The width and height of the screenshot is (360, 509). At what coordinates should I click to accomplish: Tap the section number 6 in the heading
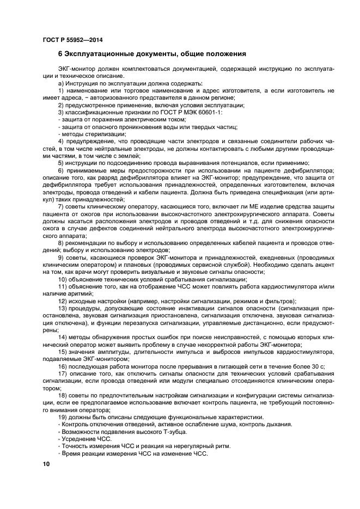tap(60, 54)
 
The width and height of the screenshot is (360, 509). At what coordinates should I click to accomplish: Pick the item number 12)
tap(63, 301)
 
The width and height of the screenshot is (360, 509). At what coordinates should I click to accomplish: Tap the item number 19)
tap(63, 416)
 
